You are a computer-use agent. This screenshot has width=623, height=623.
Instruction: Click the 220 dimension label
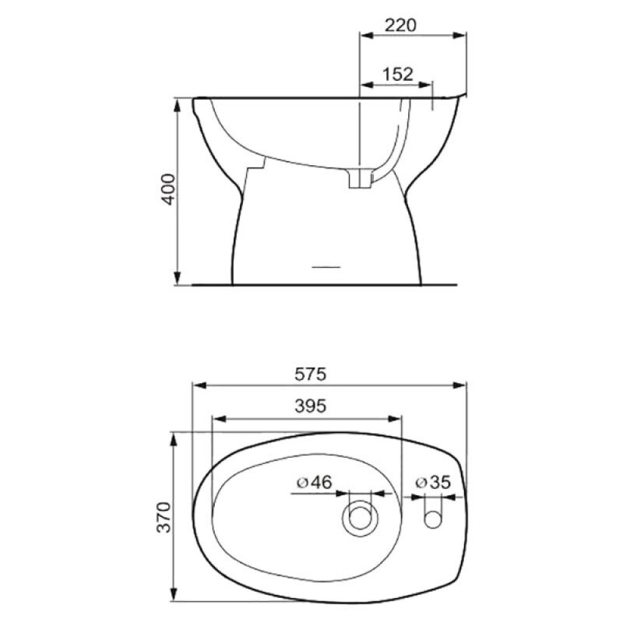tap(400, 26)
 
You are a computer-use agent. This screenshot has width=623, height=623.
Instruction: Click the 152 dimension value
tap(398, 74)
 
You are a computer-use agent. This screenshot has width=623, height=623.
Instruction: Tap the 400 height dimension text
tap(168, 189)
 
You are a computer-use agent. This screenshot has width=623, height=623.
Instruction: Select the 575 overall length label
tap(310, 375)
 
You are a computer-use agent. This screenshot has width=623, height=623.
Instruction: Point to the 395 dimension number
tap(310, 406)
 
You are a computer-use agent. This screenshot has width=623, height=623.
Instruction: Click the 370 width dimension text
tap(164, 517)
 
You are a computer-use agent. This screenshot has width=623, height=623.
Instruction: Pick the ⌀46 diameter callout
tap(314, 482)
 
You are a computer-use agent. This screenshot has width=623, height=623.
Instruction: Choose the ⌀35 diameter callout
tap(433, 482)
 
